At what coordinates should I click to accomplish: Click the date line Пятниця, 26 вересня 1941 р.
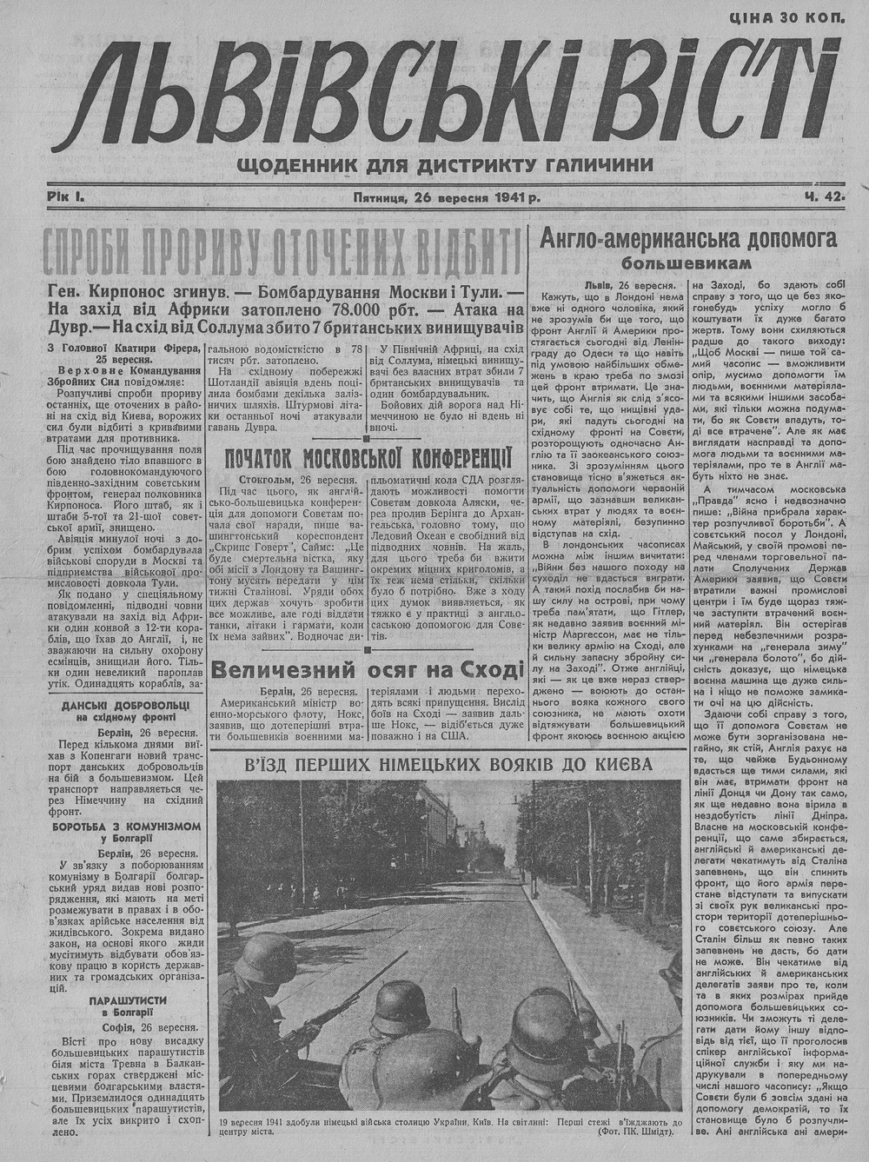[x=446, y=197]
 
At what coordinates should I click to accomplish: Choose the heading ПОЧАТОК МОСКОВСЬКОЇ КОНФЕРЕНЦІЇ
[x=366, y=458]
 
